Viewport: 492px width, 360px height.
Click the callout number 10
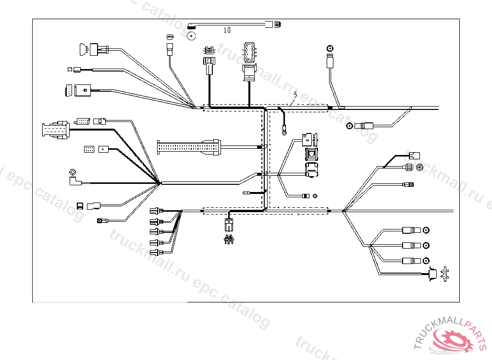[x=227, y=30]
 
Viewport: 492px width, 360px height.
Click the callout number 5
[x=295, y=95]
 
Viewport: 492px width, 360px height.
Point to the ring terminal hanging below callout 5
[x=284, y=128]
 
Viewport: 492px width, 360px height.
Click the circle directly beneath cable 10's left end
[x=191, y=35]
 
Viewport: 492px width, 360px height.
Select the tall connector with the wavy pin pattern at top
[x=249, y=53]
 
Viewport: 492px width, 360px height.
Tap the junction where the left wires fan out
[x=159, y=182]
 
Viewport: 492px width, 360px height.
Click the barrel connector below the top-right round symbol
[x=330, y=62]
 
